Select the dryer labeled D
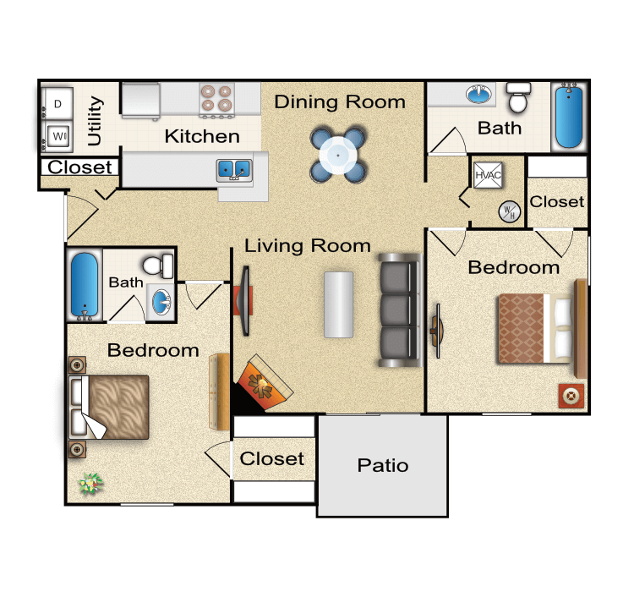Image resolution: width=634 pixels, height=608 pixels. coord(58,104)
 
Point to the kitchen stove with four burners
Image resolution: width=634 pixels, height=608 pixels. coord(217,99)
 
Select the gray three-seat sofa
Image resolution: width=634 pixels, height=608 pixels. coord(399,309)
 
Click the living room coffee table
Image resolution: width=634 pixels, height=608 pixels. coord(339,304)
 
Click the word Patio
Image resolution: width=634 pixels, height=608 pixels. coord(382,465)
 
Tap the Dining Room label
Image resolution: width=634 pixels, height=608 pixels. coord(340,102)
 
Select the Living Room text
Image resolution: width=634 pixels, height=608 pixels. coord(308,246)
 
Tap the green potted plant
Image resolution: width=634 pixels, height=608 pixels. coord(90,484)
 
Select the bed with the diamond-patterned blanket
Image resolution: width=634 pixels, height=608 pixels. coord(533,326)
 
